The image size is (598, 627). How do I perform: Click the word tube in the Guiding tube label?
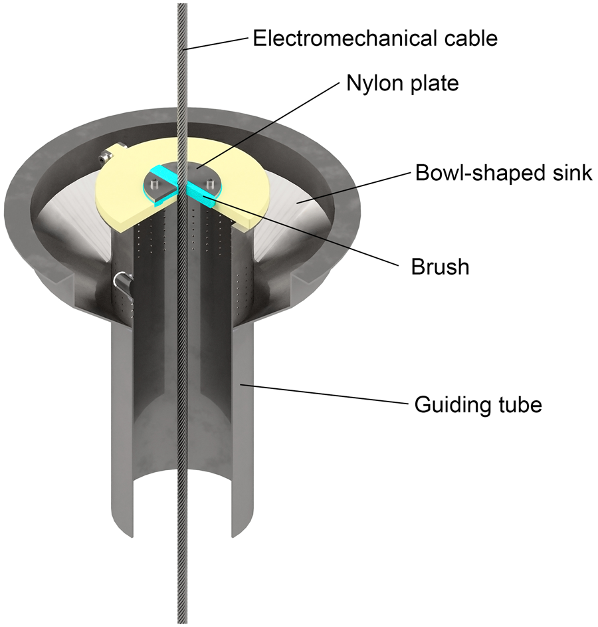click(521, 404)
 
